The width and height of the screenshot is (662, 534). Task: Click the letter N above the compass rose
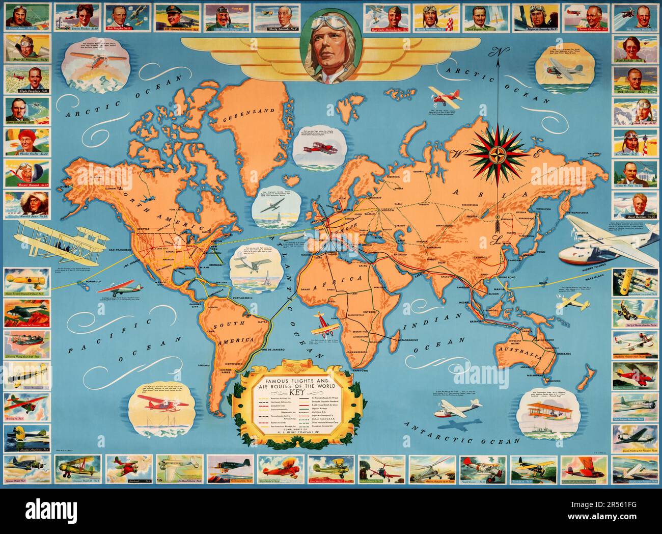492,51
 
